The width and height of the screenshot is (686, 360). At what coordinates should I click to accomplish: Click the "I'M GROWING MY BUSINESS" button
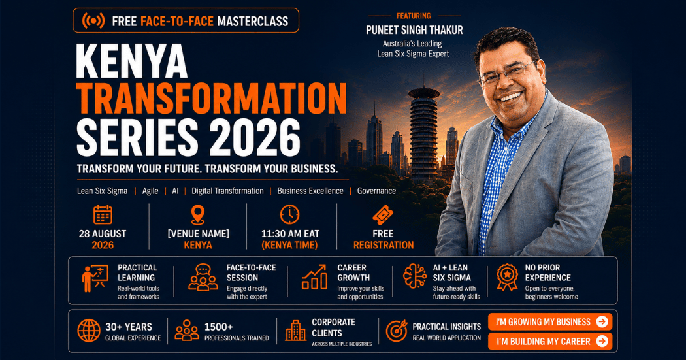tap(550, 322)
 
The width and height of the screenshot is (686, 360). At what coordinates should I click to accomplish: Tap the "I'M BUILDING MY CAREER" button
tap(550, 341)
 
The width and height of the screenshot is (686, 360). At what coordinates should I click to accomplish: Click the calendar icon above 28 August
tap(103, 215)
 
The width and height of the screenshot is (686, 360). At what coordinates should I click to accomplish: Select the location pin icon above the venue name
tap(198, 215)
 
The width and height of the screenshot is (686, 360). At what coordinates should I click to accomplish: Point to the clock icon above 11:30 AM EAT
tap(289, 215)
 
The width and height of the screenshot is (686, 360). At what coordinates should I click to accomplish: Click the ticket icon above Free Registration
tap(383, 215)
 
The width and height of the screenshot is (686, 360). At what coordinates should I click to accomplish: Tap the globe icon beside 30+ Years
tap(89, 331)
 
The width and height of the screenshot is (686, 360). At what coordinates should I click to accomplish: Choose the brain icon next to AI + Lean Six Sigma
tap(414, 276)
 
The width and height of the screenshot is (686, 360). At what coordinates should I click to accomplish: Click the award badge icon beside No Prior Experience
tap(507, 277)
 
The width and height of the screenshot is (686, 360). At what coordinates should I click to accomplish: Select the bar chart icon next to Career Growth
tap(314, 277)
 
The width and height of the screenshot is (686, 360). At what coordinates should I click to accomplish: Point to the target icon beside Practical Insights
tap(397, 331)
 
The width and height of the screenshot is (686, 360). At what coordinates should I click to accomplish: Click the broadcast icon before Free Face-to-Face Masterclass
tap(93, 20)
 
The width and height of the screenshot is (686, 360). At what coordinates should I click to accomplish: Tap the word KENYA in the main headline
tap(132, 61)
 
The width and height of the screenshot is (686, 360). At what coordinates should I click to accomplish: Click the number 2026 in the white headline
tap(255, 137)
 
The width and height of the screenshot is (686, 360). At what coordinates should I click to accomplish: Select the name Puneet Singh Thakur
tap(414, 30)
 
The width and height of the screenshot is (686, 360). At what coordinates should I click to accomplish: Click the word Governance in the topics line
tap(376, 191)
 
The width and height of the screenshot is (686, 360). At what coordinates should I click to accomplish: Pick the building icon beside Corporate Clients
tap(296, 330)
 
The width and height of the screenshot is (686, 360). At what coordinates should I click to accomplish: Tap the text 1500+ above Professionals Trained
tap(219, 327)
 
